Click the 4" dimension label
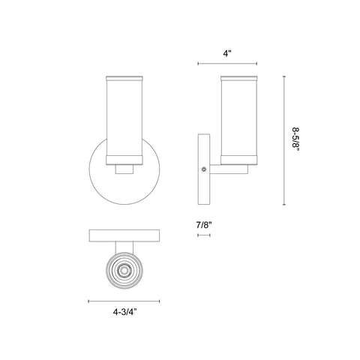tap(227, 53)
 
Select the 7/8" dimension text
tap(204, 225)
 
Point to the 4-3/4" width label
tap(124, 312)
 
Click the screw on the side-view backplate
tap(204, 169)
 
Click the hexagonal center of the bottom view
tap(124, 270)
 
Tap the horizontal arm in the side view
tap(229, 169)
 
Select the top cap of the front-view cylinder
tap(124, 78)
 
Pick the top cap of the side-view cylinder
tap(239, 78)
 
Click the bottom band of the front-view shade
tap(124, 160)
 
